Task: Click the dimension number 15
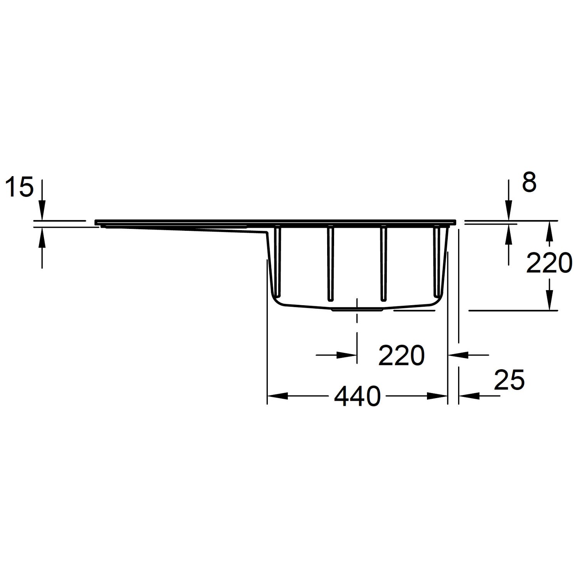pos(19,188)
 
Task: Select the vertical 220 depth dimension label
pos(549,264)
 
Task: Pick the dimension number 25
pos(509,380)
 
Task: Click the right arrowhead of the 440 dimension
pos(437,396)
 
